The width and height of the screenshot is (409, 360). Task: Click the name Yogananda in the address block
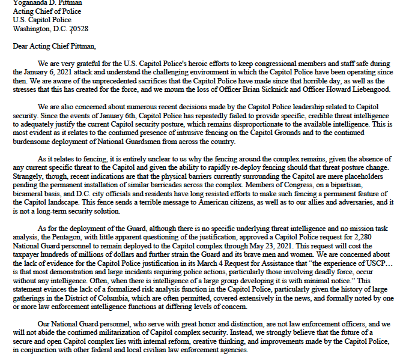(x=31, y=2)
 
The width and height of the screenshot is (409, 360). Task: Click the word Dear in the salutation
(x=21, y=46)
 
